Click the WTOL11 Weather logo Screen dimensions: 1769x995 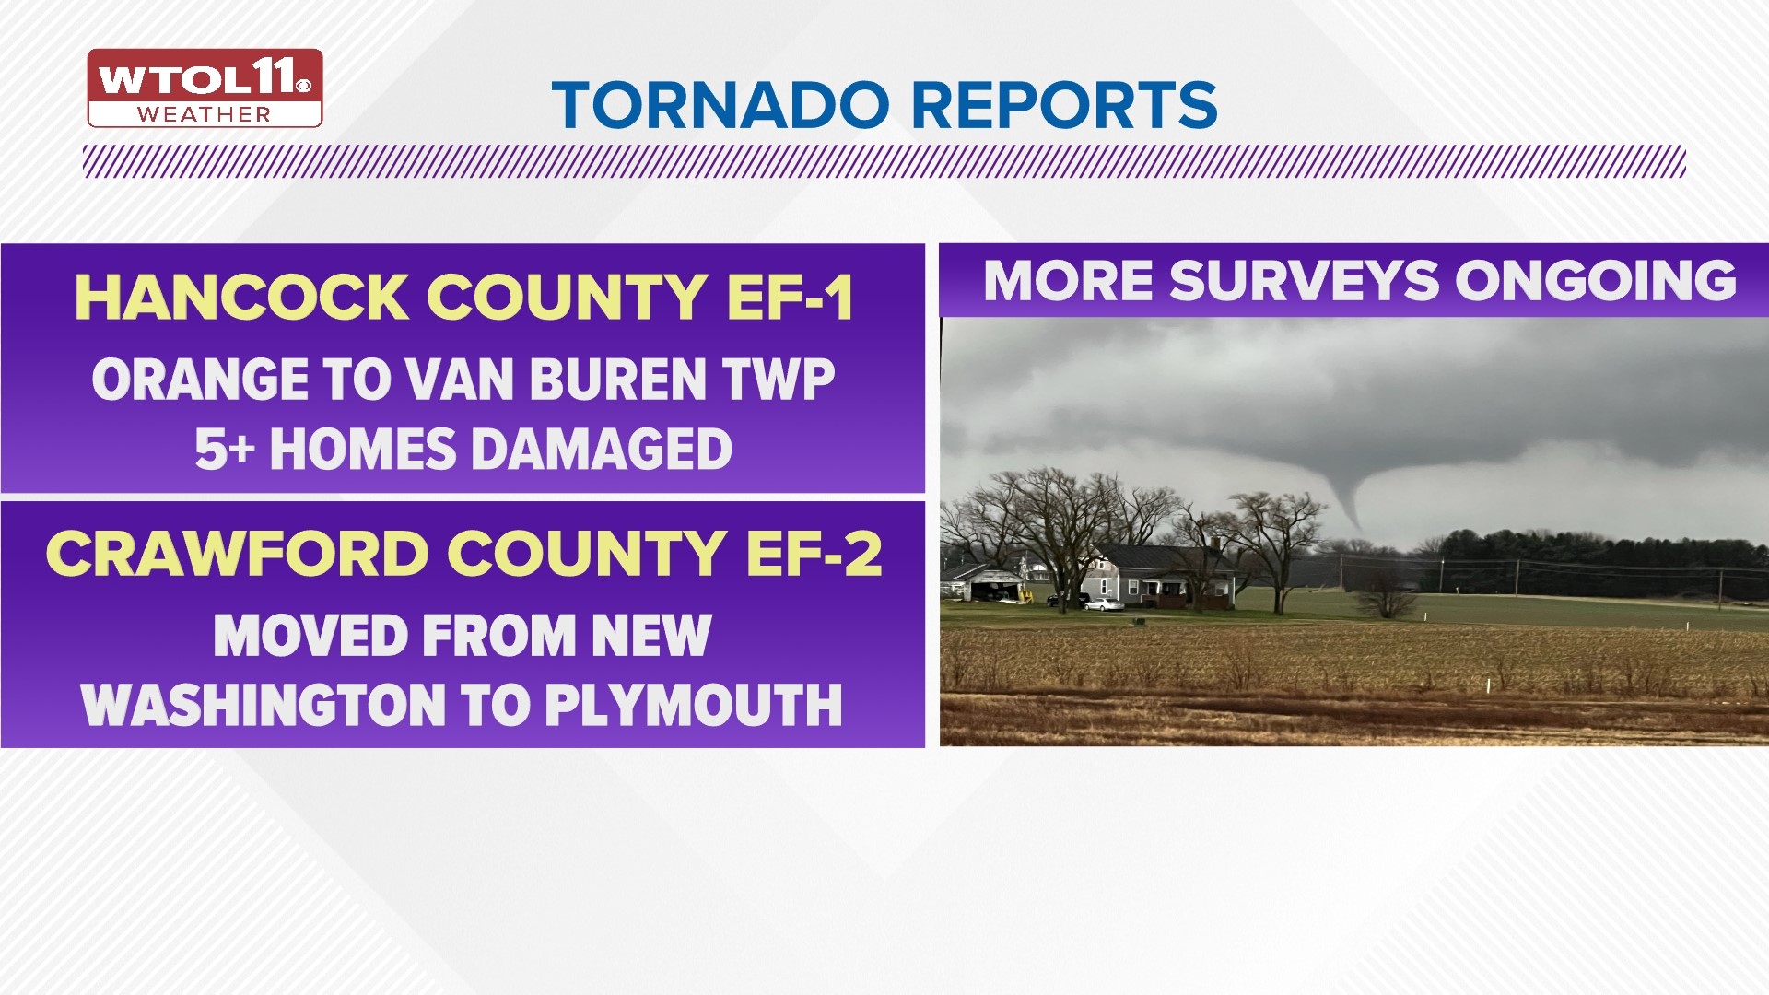pos(205,88)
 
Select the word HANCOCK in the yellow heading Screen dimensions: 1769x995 pos(241,298)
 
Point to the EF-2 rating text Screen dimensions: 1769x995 pos(814,554)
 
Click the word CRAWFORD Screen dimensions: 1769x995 pos(236,554)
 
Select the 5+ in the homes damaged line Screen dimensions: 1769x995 pos(224,450)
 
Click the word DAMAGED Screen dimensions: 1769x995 pos(603,450)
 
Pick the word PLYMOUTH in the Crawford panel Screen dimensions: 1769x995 pos(693,705)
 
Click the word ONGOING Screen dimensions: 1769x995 pos(1597,281)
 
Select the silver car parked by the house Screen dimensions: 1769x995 pos(1105,604)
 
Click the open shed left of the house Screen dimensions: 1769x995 pos(988,583)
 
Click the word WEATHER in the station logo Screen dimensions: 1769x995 pos(205,115)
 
